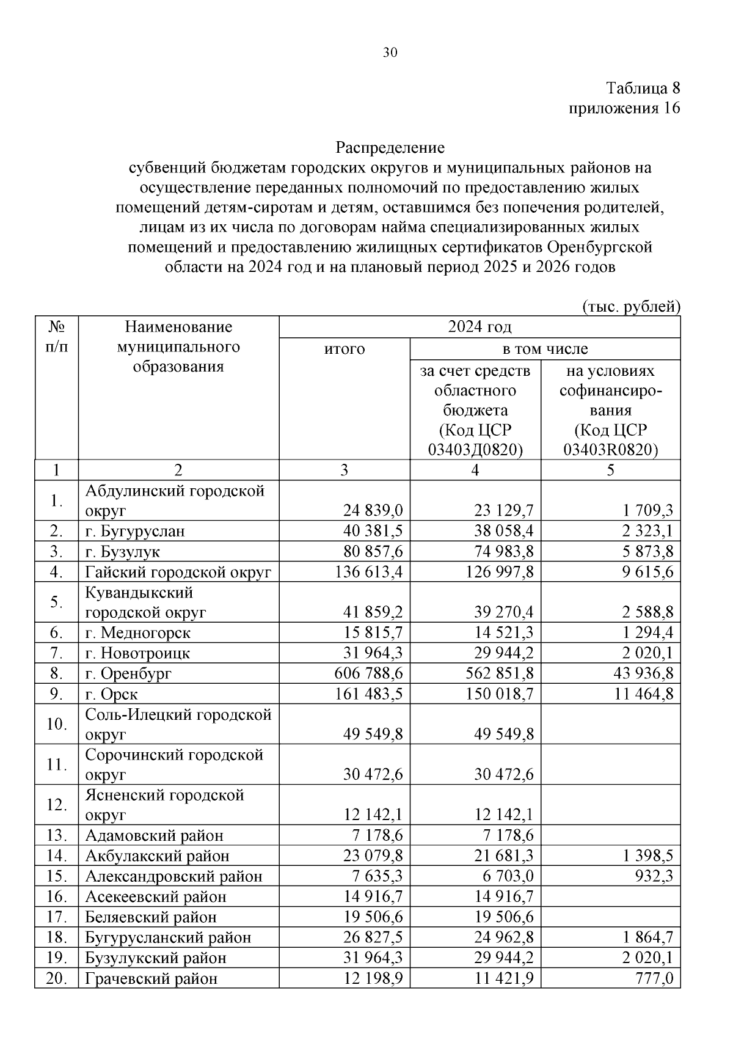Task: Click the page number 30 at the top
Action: [390, 53]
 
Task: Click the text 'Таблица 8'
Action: [643, 88]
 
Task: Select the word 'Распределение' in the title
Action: [390, 148]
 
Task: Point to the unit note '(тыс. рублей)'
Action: [631, 306]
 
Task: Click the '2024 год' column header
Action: [480, 327]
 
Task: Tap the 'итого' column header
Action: [345, 349]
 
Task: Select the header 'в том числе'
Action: [545, 349]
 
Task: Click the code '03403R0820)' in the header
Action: [610, 450]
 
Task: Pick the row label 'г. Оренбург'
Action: [128, 673]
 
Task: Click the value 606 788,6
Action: [368, 673]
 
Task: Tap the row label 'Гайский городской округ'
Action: [178, 572]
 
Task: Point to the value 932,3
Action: [654, 876]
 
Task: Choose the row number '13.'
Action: [56, 835]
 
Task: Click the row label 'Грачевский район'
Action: [151, 978]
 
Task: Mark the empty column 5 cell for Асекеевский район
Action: [610, 896]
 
